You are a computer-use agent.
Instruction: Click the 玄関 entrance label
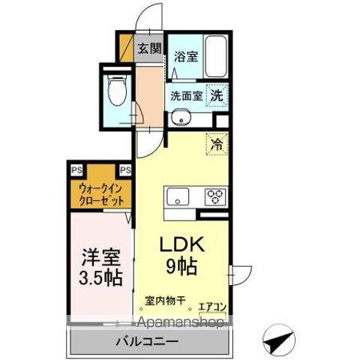pos(149,49)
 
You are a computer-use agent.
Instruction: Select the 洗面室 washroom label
pos(185,97)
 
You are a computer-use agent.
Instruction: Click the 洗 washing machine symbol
pos(216,96)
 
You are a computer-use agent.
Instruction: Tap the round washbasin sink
pos(179,117)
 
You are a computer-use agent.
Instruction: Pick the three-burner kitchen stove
pos(215,198)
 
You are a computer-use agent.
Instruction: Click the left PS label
pos(77,170)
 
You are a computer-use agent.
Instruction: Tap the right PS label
pos(125,170)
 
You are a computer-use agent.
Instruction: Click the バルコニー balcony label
pos(147,343)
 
